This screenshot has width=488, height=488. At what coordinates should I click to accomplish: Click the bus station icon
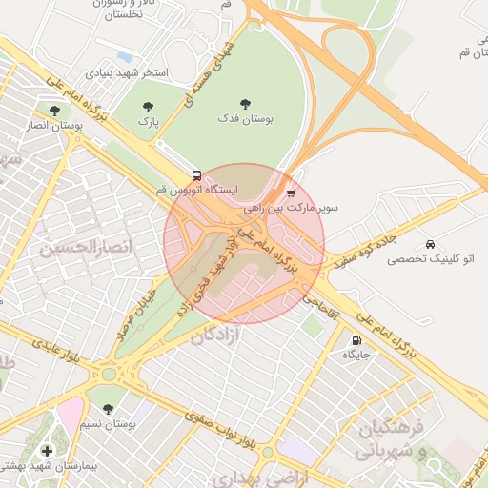[x=196, y=175]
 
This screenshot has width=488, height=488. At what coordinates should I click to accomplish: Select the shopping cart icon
[x=291, y=193]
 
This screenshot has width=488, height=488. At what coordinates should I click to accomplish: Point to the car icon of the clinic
[x=432, y=244]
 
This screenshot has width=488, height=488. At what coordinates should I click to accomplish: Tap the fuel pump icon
[x=356, y=340]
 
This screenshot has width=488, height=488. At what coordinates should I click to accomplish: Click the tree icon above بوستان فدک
[x=248, y=103]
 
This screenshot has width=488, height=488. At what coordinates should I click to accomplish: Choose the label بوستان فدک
[x=249, y=118]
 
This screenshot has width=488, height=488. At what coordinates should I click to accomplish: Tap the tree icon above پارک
[x=147, y=107]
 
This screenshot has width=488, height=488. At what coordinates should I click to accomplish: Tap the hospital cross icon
[x=46, y=451]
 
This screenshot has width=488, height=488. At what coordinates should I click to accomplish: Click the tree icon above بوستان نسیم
[x=109, y=408]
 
